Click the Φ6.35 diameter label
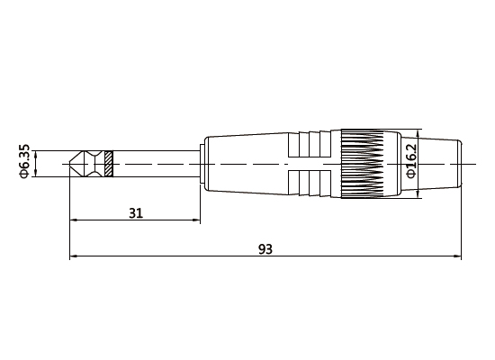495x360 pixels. click(x=24, y=164)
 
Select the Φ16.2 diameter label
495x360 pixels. click(x=411, y=160)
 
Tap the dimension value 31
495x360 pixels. click(x=135, y=213)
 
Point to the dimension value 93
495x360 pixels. click(x=265, y=249)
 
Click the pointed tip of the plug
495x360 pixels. click(x=72, y=165)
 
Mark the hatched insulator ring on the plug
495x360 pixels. click(x=109, y=165)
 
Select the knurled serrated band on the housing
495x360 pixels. click(x=364, y=164)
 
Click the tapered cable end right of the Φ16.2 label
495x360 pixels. click(x=443, y=164)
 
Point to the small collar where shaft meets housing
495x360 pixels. click(x=202, y=165)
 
